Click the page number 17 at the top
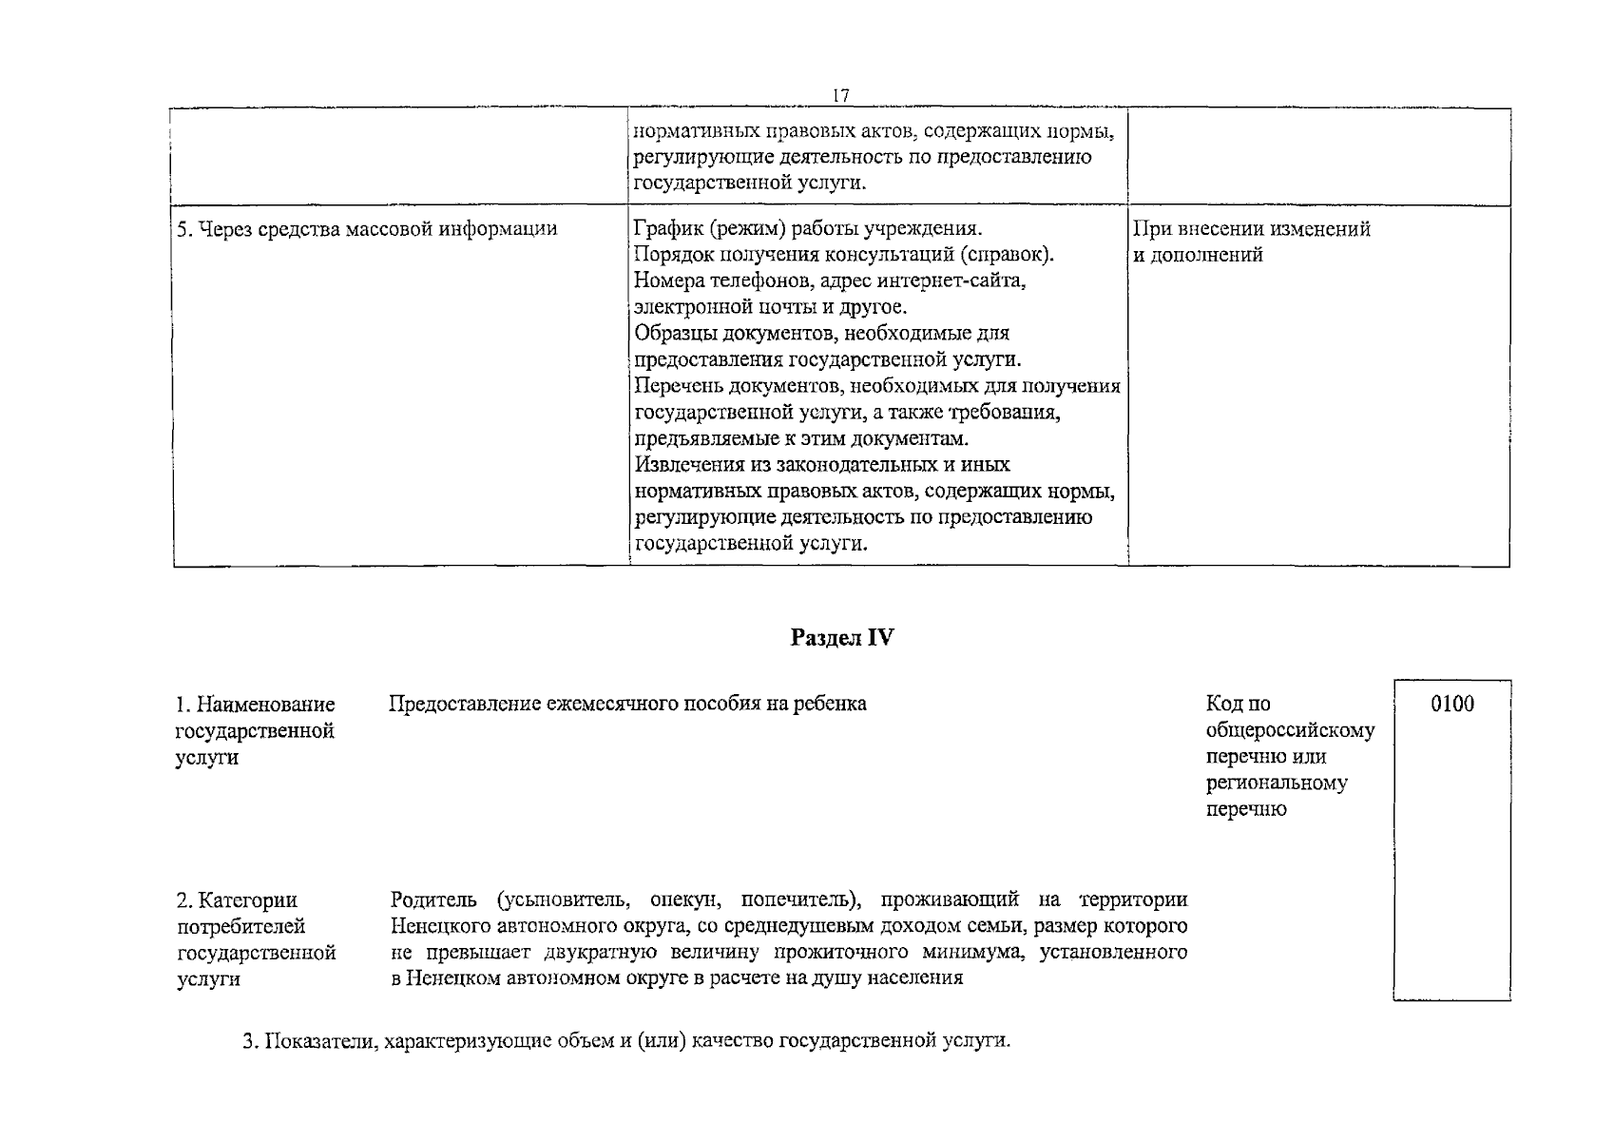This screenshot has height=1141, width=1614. point(840,96)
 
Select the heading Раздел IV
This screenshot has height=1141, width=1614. point(841,638)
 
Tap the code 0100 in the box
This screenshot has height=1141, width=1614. point(1451,705)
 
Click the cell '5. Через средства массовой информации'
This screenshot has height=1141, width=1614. point(367,229)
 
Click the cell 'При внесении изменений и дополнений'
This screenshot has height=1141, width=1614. point(1251,242)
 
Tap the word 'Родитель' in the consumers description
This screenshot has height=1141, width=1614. point(435,899)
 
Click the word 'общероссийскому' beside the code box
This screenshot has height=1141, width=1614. point(1290,731)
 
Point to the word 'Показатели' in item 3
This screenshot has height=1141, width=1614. point(314,1041)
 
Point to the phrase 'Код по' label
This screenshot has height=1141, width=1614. point(1238,705)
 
